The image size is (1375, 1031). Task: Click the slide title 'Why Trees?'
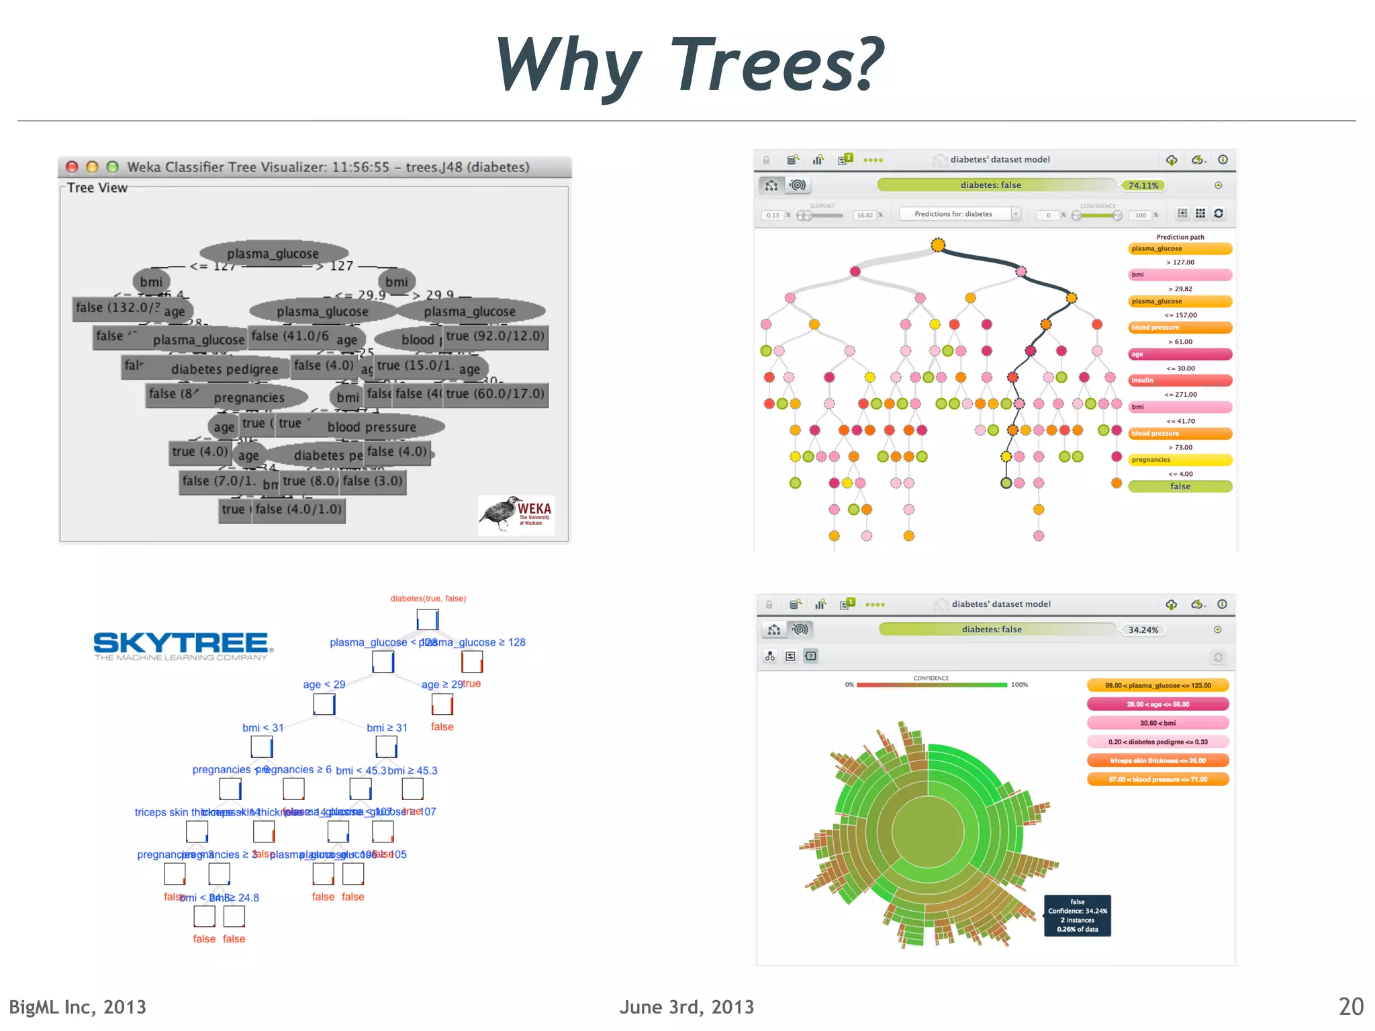[689, 65]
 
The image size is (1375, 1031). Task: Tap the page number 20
[1351, 1006]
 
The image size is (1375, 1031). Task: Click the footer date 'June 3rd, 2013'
[686, 1007]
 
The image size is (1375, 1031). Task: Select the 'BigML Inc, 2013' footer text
[78, 1007]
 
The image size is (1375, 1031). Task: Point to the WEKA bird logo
[516, 514]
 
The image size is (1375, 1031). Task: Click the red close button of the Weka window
[73, 167]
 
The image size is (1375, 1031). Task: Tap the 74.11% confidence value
[1143, 185]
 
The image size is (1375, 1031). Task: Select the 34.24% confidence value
[1143, 630]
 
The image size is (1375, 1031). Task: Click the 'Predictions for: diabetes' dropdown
[959, 214]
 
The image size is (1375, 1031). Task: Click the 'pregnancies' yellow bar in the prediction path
[1180, 460]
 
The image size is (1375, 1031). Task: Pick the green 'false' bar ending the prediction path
[1180, 487]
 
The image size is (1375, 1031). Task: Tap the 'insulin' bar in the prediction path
[1180, 381]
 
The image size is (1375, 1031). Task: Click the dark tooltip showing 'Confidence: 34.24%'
[1077, 916]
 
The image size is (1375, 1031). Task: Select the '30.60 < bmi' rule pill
[1157, 723]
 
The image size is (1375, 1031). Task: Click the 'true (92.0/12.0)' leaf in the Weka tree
[495, 336]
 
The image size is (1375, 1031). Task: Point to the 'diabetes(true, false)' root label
[428, 598]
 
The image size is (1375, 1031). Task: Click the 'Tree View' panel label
[97, 188]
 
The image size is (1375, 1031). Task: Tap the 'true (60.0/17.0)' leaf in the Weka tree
[495, 394]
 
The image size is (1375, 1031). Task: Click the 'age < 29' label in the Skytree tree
[324, 685]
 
